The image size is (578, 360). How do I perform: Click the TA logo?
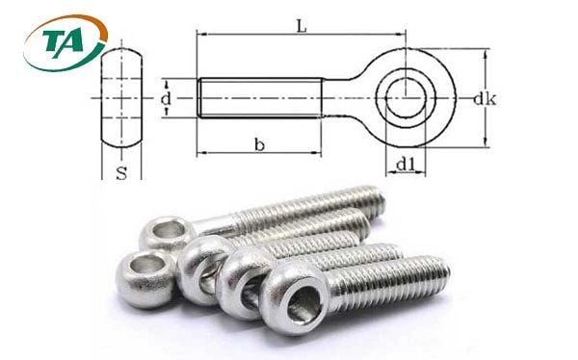pyautogui.click(x=66, y=42)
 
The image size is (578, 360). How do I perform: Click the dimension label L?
pyautogui.click(x=302, y=26)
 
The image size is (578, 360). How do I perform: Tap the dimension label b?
pyautogui.click(x=259, y=144)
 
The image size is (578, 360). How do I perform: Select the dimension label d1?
pyautogui.click(x=406, y=166)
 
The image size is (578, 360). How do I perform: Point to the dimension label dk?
pyautogui.click(x=485, y=99)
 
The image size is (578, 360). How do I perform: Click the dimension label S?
pyautogui.click(x=121, y=173)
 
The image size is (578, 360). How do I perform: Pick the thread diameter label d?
pyautogui.click(x=166, y=98)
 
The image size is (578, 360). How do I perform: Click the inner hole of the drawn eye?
pyautogui.click(x=406, y=98)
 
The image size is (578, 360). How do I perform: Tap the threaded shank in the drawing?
pyautogui.click(x=260, y=98)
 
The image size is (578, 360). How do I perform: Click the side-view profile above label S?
pyautogui.click(x=121, y=97)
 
